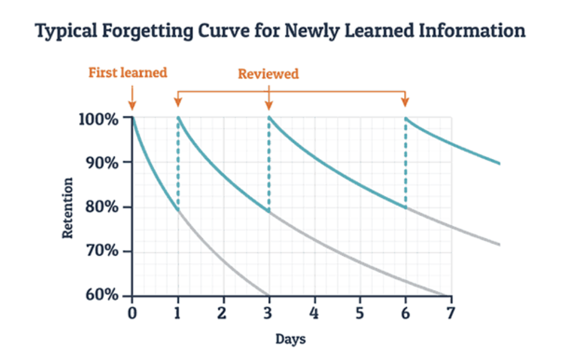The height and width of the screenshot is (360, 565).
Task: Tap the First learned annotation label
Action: (128, 73)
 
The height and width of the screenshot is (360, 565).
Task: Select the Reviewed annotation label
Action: (268, 74)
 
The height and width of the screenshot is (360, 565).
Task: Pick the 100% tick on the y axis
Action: (101, 119)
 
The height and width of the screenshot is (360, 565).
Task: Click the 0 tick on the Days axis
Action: (132, 314)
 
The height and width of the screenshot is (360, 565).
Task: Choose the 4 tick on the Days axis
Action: (314, 314)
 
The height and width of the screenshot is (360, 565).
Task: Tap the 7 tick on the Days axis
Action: (450, 314)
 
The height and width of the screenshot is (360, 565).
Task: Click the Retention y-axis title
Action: (68, 208)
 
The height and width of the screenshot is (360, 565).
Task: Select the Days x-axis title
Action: (291, 339)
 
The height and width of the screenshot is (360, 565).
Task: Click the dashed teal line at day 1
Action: (178, 166)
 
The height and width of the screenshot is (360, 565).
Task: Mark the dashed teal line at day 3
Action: (269, 166)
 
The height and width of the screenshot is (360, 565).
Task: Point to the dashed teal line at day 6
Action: (406, 163)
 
